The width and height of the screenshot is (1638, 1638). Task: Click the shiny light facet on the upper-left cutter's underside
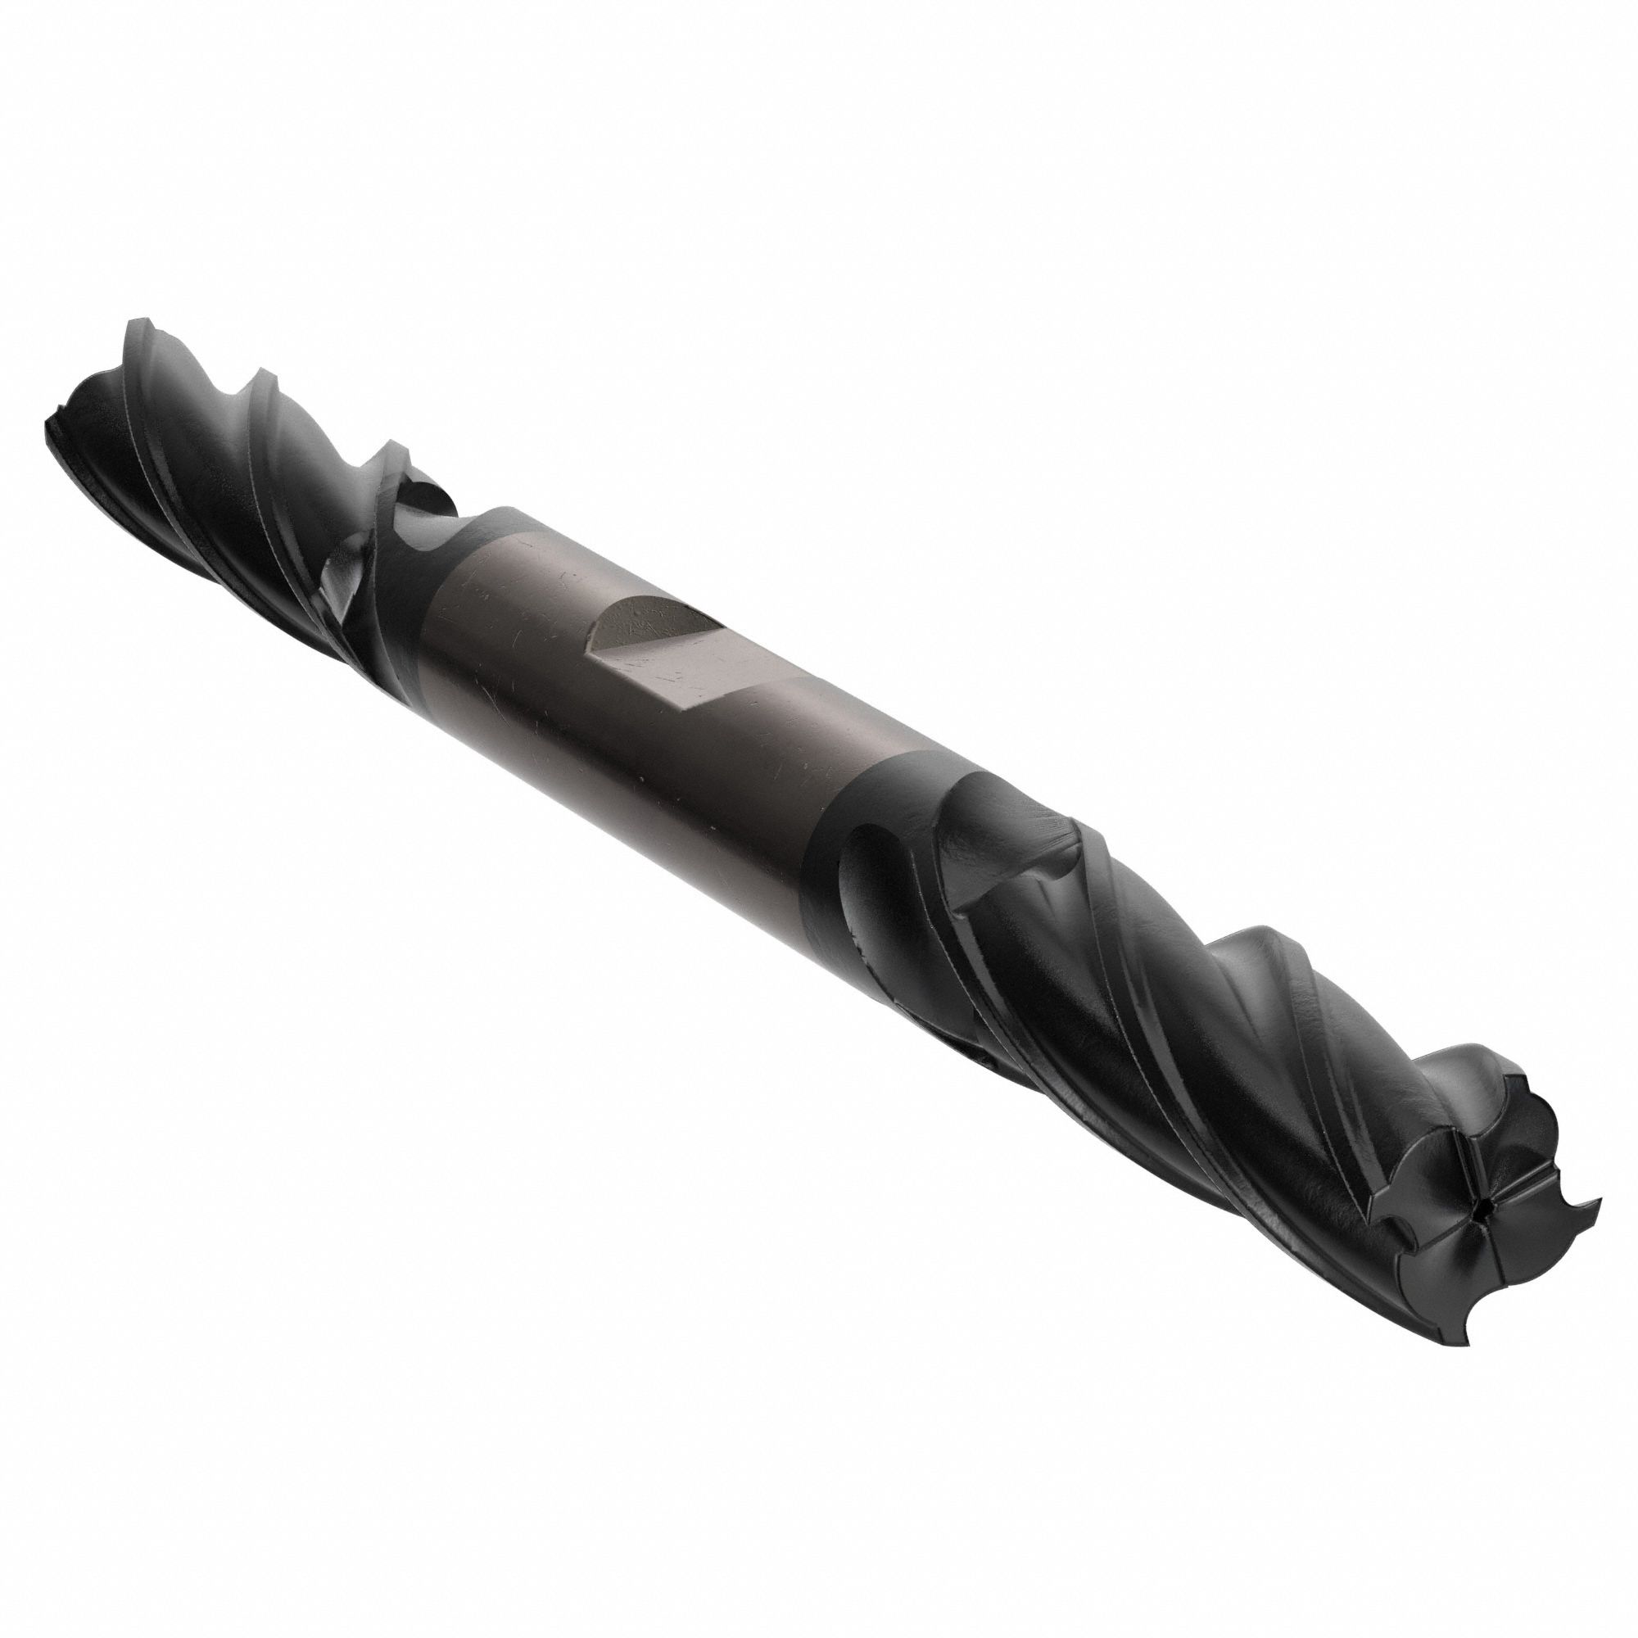pos(343,594)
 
